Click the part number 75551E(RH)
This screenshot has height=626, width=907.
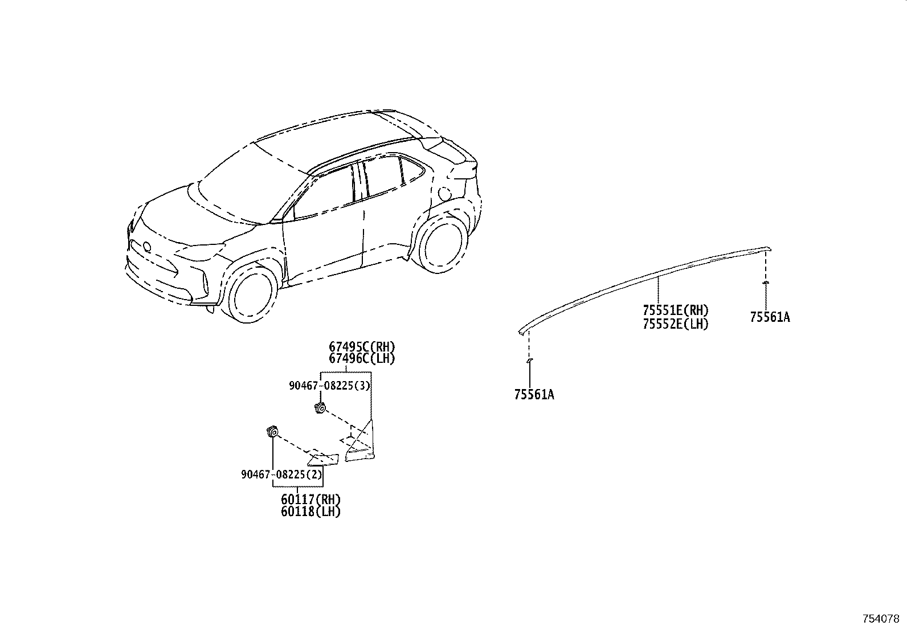pos(675,310)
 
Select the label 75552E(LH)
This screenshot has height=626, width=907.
pos(675,324)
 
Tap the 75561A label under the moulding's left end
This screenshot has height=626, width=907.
pos(534,394)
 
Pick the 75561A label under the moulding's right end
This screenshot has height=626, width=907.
pos(770,317)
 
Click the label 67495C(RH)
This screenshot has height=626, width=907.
pos(362,347)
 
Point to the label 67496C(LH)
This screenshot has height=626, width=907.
pos(362,359)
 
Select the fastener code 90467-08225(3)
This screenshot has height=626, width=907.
pos(330,386)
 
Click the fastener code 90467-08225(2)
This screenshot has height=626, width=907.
pos(282,474)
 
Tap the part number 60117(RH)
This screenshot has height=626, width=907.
pos(310,499)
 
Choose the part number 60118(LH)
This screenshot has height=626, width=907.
pos(310,512)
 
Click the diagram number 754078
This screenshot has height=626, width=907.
pos(881,619)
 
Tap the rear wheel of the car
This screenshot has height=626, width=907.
pos(440,243)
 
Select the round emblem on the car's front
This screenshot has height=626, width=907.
pos(146,246)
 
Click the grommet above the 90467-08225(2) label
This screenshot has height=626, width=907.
pos(272,432)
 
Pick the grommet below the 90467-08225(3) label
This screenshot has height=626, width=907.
pos(320,408)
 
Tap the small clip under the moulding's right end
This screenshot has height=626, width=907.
pos(765,282)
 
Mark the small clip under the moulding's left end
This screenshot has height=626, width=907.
pos(529,360)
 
